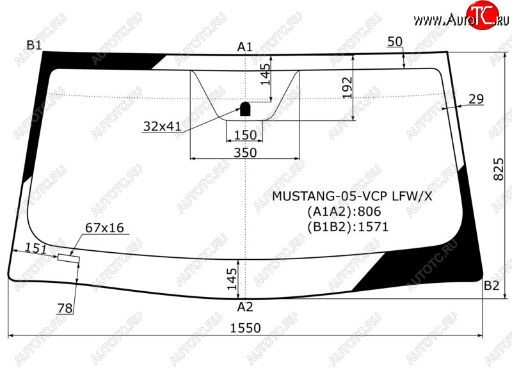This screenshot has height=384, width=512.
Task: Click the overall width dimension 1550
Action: pos(246,328)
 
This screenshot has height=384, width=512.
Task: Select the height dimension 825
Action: pos(499,170)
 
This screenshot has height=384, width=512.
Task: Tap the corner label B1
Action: pos(35,45)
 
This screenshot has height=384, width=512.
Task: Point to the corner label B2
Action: pos(492,285)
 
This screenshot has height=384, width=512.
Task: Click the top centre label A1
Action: pos(245,47)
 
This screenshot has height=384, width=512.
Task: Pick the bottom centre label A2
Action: pos(245,307)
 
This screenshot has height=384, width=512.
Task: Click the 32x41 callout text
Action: pos(162,126)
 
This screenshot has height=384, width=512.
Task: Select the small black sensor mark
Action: pos(245,109)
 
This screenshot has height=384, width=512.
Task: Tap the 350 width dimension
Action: pos(245,152)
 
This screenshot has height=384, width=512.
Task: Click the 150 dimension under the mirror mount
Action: pos(245,135)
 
